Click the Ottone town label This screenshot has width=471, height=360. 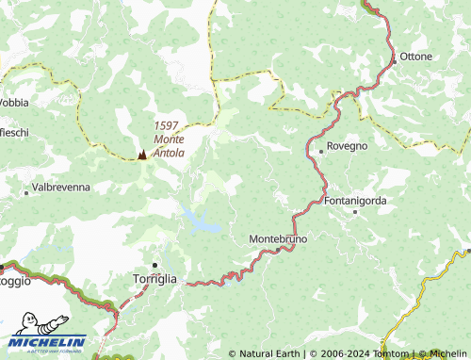coord(416,57)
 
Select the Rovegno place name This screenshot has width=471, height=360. coord(348,147)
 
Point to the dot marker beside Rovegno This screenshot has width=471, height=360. coord(320,149)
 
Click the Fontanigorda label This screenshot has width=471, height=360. coord(355,201)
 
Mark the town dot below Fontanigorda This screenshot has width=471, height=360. coord(355,212)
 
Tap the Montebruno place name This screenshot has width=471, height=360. coord(278,239)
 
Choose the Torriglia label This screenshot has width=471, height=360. coord(154,279)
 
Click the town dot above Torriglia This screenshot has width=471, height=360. coord(154,265)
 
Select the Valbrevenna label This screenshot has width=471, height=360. coord(61,188)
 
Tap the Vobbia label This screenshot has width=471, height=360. coord(14,102)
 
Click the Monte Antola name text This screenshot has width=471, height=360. coord(170,145)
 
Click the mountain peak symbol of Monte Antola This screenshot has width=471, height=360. coord(142,154)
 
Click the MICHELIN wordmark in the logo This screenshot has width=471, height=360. coord(50,342)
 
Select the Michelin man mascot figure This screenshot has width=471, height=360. coord(26,323)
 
